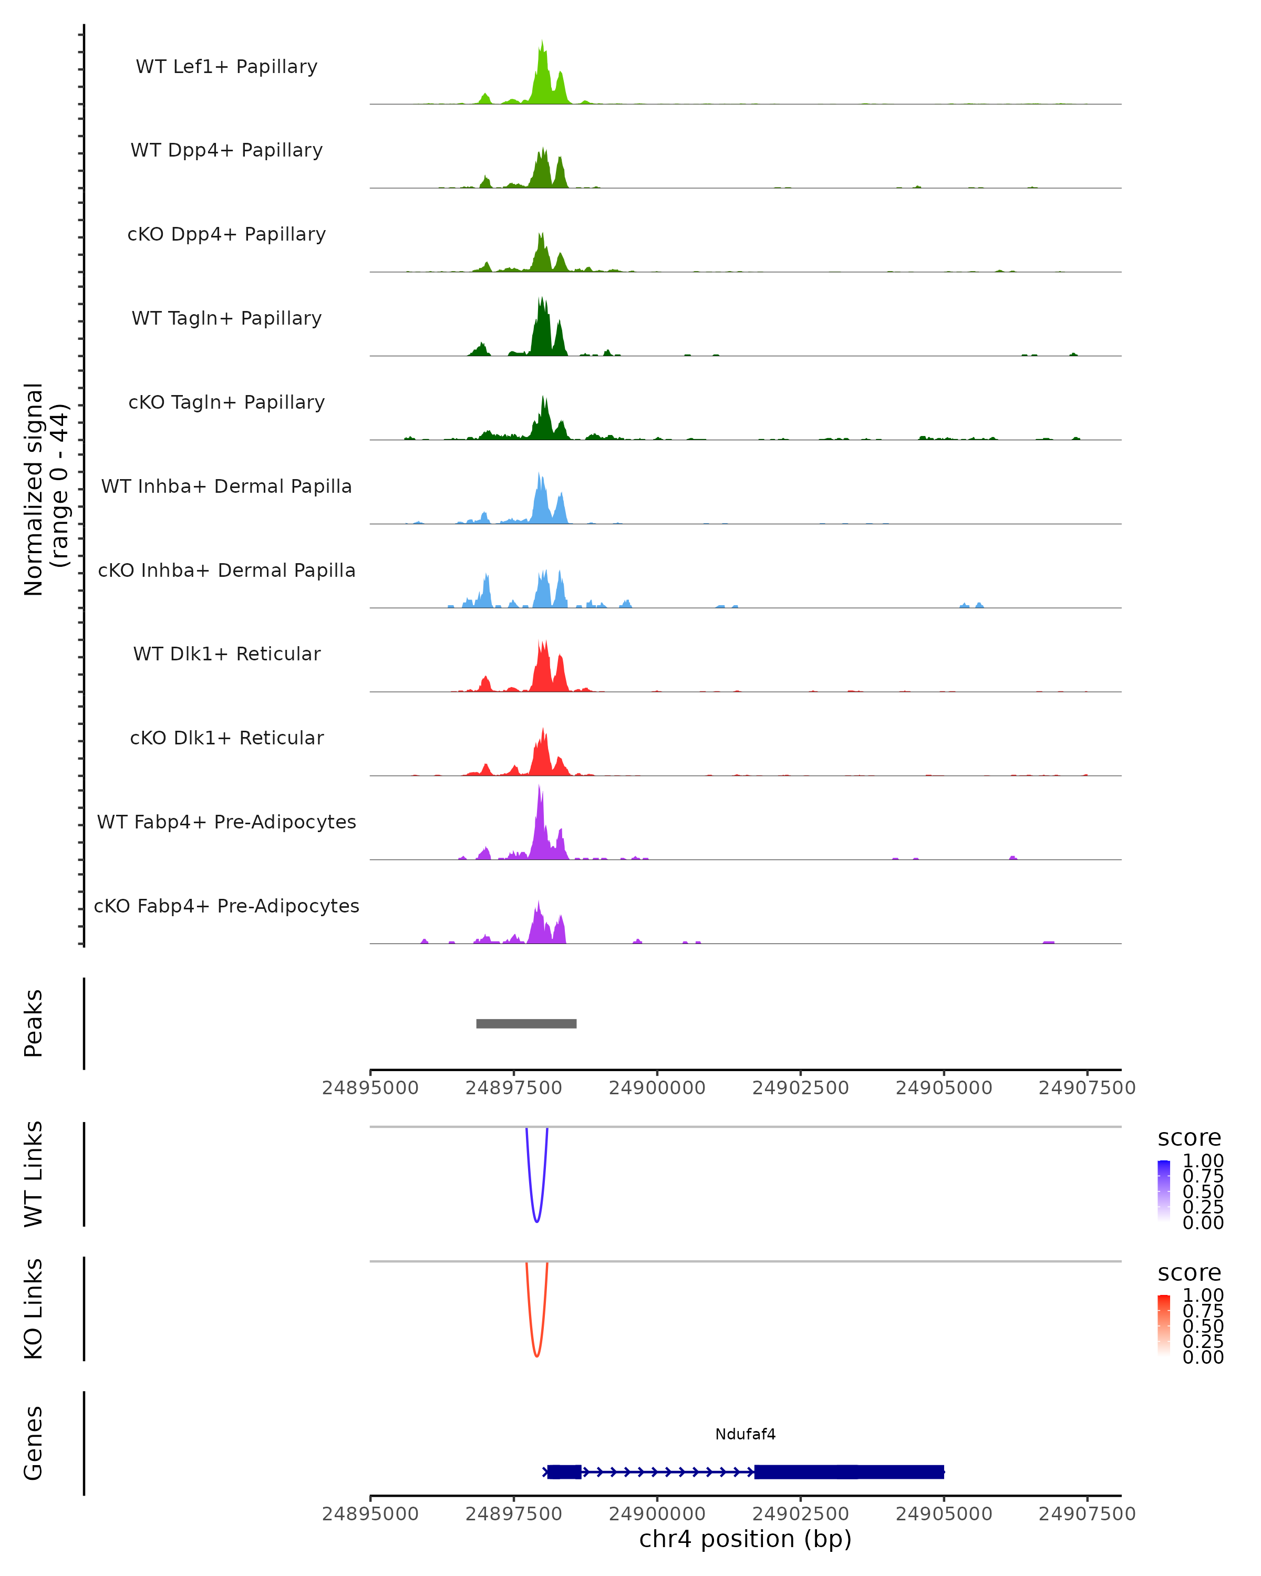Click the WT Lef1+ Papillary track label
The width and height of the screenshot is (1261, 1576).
[x=226, y=67]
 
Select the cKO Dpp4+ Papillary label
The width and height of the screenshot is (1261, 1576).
[x=226, y=235]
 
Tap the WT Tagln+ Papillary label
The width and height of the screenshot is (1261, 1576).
[x=226, y=319]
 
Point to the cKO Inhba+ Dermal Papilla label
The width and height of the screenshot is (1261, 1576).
[x=226, y=571]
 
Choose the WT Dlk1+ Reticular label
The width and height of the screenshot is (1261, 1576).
[x=226, y=654]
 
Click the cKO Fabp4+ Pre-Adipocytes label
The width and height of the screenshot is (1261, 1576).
[x=226, y=906]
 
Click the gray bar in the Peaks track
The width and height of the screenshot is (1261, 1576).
[x=526, y=1023]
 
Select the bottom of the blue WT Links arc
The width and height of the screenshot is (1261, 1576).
[x=536, y=1221]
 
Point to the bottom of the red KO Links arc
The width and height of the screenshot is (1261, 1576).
[x=536, y=1355]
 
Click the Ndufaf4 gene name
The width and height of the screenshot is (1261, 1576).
[x=745, y=1434]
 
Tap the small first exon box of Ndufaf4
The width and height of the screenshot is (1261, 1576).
[x=564, y=1472]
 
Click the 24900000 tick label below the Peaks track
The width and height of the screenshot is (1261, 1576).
[x=657, y=1088]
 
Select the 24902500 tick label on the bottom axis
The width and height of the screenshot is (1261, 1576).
[x=800, y=1514]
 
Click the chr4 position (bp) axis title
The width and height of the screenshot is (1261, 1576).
[x=745, y=1539]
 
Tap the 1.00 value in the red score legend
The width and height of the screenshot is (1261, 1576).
[x=1203, y=1295]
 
